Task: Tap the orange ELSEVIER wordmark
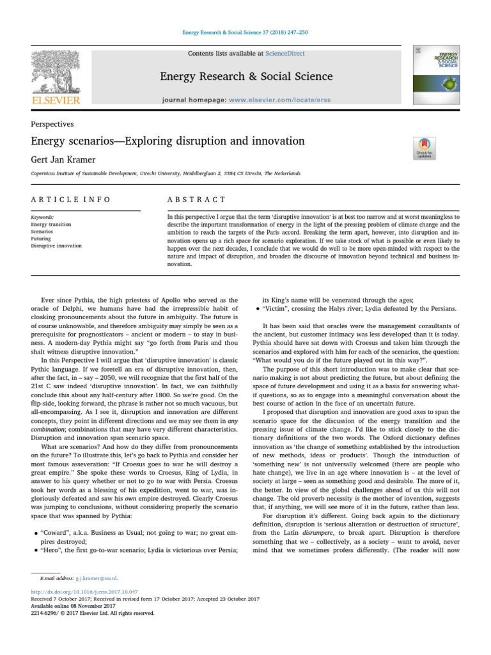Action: pyautogui.click(x=56, y=100)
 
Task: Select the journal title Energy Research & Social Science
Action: pyautogui.click(x=245, y=77)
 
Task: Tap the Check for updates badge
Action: pyautogui.click(x=423, y=147)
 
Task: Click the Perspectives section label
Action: pyautogui.click(x=52, y=124)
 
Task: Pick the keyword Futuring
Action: pyautogui.click(x=42, y=238)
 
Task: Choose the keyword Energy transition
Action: pyautogui.click(x=51, y=225)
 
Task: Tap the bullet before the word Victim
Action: pyautogui.click(x=256, y=308)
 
